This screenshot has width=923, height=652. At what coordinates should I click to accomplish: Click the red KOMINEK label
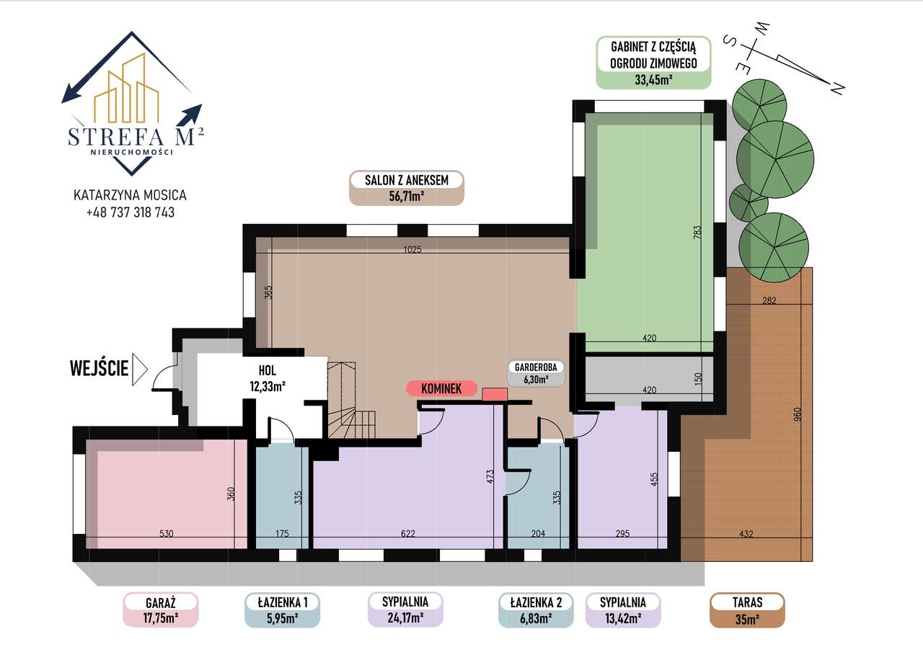(x=442, y=388)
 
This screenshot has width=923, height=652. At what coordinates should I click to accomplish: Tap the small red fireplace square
(x=495, y=394)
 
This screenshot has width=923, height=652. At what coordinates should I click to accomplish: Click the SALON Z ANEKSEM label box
(x=406, y=188)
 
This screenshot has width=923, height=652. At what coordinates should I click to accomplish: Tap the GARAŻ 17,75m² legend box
(x=161, y=609)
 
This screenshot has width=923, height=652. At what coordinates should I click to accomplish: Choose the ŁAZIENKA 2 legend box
(x=535, y=609)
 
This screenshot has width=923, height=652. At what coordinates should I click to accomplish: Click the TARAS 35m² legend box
(x=747, y=609)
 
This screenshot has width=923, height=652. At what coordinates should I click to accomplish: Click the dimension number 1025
(x=412, y=250)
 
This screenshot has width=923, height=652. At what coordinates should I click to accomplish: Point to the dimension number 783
(x=697, y=234)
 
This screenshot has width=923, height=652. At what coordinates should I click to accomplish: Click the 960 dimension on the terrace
(x=797, y=416)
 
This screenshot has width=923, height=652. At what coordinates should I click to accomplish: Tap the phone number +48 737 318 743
(x=130, y=213)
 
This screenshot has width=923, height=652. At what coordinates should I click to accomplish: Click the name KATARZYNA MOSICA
(x=130, y=195)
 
